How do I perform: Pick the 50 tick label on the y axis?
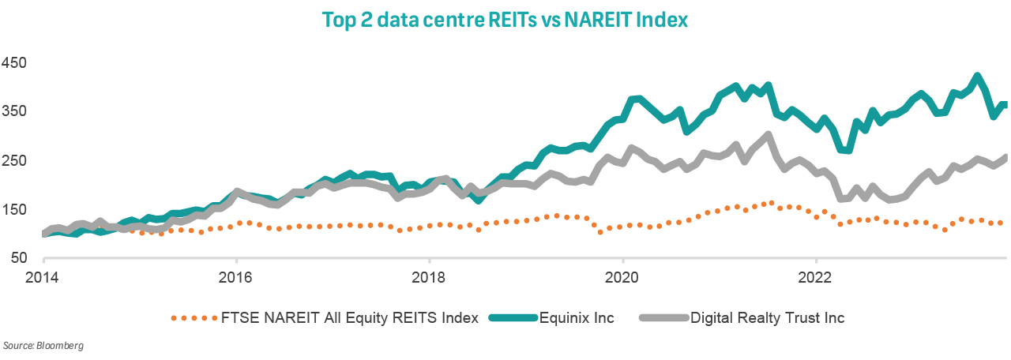click(19, 258)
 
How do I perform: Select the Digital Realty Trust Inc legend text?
click(768, 318)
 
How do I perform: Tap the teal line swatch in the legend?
click(513, 318)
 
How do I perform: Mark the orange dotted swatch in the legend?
click(193, 318)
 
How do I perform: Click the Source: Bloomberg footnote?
click(43, 346)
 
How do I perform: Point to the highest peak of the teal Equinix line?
click(977, 77)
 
